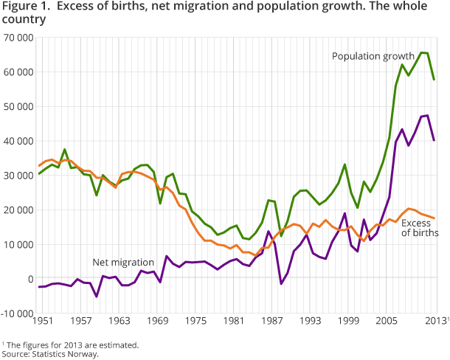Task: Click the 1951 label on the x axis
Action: click(39, 322)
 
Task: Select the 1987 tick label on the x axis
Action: click(274, 322)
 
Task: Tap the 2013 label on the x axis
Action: click(435, 322)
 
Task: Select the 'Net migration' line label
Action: click(122, 262)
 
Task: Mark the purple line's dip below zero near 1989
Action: click(281, 284)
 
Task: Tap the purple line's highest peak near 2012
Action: click(427, 115)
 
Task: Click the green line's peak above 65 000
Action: click(422, 52)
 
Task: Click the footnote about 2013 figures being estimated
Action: click(71, 344)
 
